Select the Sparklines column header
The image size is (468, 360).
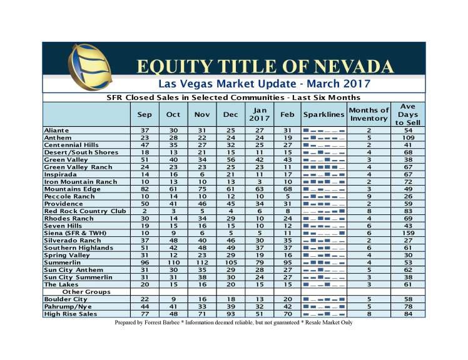[x=323, y=115]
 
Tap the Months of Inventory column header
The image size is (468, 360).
[x=369, y=115]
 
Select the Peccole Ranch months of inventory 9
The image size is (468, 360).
[x=369, y=196]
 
